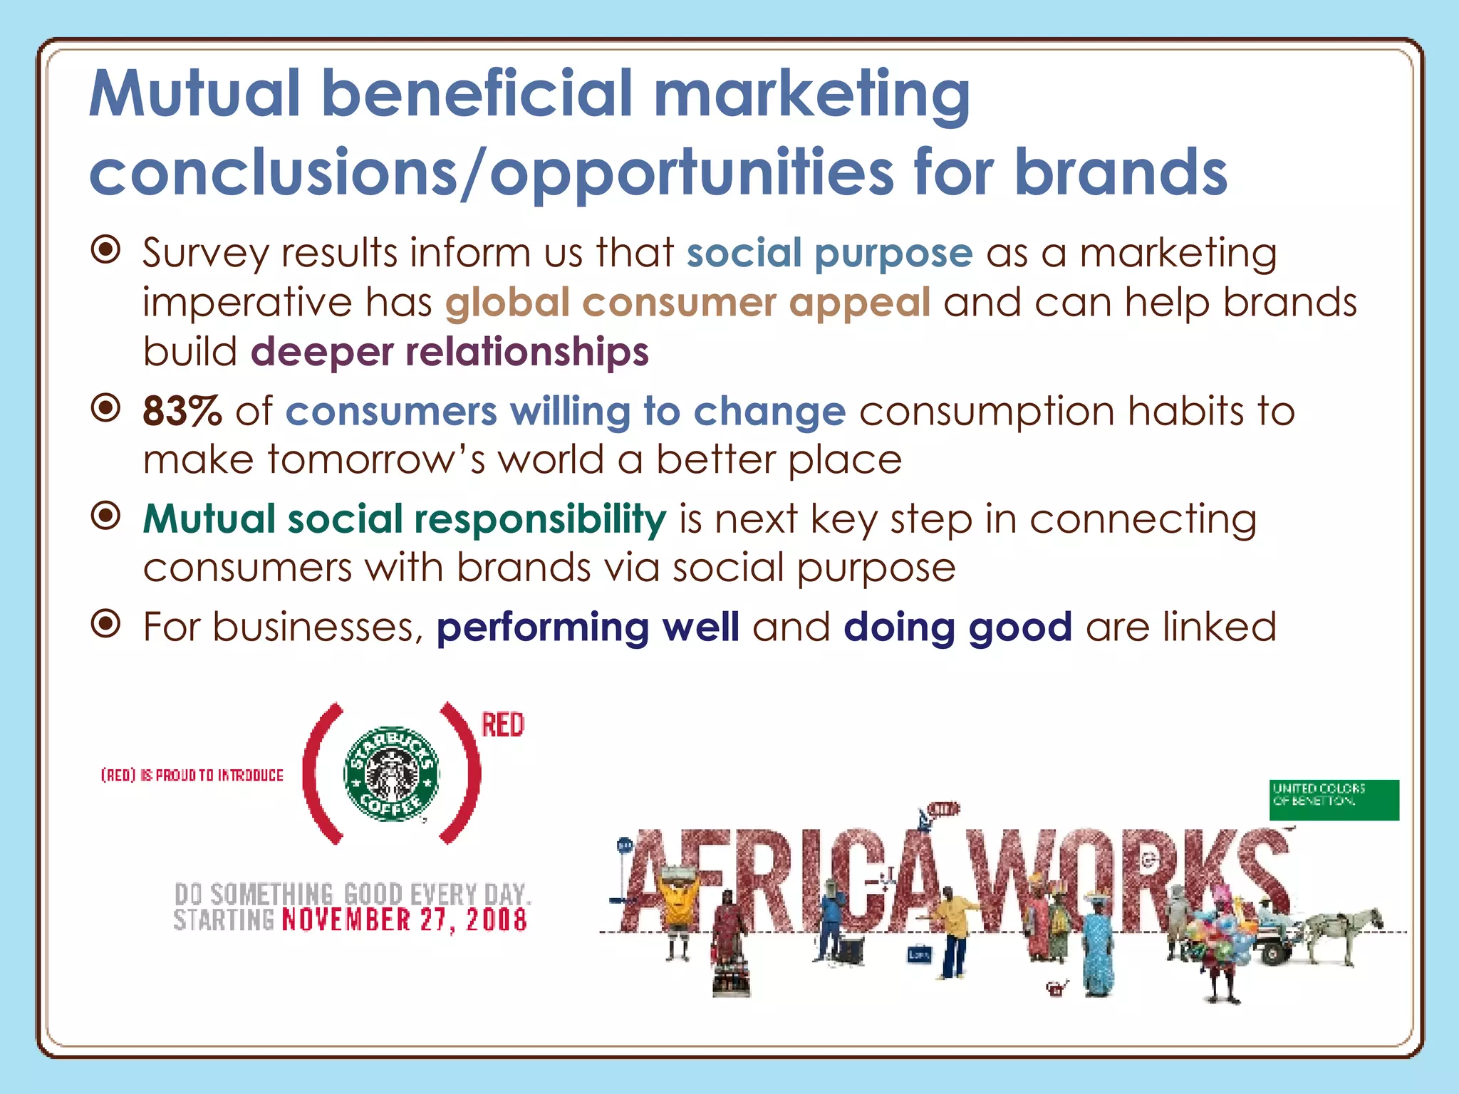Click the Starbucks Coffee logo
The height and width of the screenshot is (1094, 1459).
(391, 773)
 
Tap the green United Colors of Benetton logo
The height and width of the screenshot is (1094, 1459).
(1334, 800)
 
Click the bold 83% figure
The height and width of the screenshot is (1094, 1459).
(182, 412)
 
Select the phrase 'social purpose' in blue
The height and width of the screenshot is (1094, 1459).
(829, 254)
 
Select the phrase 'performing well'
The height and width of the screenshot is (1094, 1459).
(588, 627)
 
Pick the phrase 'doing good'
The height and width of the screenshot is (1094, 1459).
(957, 627)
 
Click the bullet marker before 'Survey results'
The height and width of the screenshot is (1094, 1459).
(106, 250)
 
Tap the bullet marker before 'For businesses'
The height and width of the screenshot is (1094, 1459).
(106, 625)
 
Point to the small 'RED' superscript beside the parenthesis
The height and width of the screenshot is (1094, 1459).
(503, 725)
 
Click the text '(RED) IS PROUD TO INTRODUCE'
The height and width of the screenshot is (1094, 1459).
(192, 775)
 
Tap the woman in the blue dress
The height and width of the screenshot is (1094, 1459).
(1097, 947)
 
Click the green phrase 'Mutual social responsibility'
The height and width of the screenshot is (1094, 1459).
(405, 519)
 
